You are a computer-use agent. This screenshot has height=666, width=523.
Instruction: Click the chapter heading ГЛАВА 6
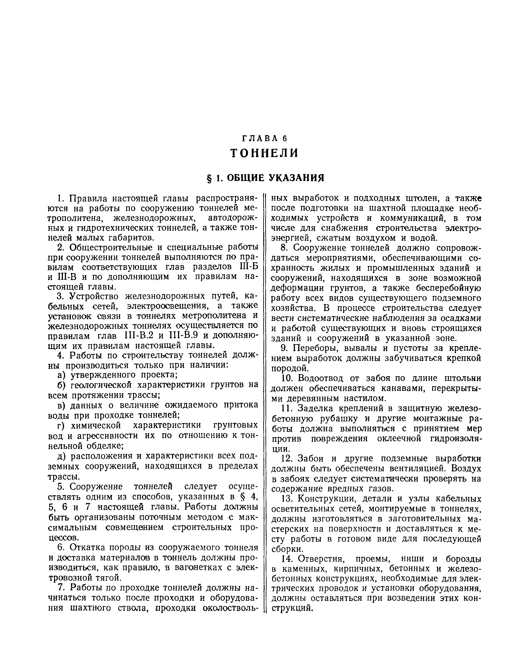(265, 139)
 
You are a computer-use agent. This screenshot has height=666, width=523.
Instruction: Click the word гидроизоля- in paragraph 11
(456, 438)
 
